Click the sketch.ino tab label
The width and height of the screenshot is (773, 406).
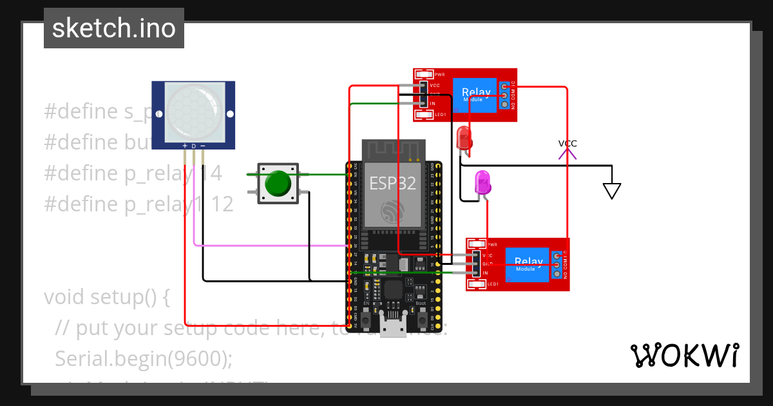[114, 28]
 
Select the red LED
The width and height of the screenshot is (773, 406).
[464, 138]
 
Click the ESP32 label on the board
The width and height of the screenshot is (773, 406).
[392, 183]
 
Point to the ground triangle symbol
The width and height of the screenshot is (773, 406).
[611, 191]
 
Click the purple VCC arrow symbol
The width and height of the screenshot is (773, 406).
[568, 152]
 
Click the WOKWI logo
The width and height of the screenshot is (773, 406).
[684, 355]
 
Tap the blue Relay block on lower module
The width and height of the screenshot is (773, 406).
[528, 264]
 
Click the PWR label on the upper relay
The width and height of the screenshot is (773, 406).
[440, 75]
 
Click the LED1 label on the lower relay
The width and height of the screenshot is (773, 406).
[493, 284]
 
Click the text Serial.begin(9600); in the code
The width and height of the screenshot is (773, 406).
[143, 358]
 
